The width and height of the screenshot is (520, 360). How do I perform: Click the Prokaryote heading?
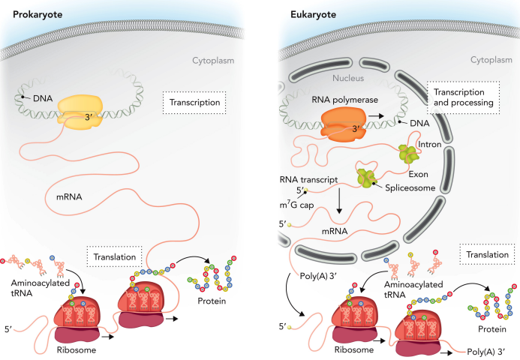pyautogui.click(x=38, y=14)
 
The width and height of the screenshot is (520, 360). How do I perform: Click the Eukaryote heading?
pyautogui.click(x=313, y=14)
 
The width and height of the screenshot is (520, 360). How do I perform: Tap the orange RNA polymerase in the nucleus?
pyautogui.click(x=344, y=124)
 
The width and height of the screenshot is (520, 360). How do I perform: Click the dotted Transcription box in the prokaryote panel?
pyautogui.click(x=194, y=103)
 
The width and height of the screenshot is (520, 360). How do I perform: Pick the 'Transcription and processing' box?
pyautogui.click(x=463, y=97)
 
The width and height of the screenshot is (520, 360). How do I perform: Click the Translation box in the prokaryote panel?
pyautogui.click(x=114, y=256)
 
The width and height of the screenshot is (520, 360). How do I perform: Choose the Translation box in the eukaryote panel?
pyautogui.click(x=487, y=254)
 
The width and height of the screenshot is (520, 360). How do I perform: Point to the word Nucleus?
pyautogui.click(x=348, y=78)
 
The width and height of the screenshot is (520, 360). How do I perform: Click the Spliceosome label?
pyautogui.click(x=410, y=188)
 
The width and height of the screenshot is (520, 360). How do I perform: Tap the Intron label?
pyautogui.click(x=429, y=145)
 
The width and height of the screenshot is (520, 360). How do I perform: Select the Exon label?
pyautogui.click(x=418, y=174)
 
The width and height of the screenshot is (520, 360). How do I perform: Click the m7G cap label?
pyautogui.click(x=296, y=205)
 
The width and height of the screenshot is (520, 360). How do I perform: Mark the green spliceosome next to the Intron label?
pyautogui.click(x=409, y=154)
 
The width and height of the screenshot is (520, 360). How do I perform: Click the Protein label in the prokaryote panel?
pyautogui.click(x=212, y=301)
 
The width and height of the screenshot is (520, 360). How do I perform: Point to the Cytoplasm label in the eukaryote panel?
pyautogui.click(x=491, y=60)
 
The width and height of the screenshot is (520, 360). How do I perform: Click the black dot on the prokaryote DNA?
pyautogui.click(x=23, y=97)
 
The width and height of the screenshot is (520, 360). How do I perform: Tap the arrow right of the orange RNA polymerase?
pyautogui.click(x=376, y=116)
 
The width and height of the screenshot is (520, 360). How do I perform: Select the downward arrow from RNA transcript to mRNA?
pyautogui.click(x=339, y=201)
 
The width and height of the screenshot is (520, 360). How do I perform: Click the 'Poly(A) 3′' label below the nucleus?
pyautogui.click(x=318, y=276)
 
